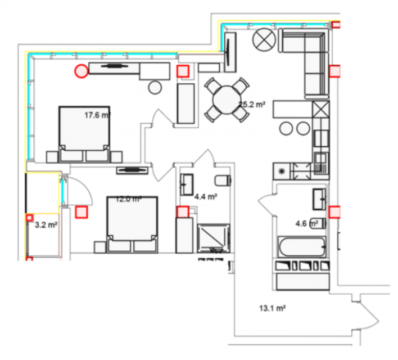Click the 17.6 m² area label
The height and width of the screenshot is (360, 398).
[97, 115]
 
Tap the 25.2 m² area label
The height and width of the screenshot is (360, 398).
[252, 104]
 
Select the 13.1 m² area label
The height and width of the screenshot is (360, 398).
[272, 308]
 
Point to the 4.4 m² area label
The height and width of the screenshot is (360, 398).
[206, 196]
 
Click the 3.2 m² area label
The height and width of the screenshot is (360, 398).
[46, 225]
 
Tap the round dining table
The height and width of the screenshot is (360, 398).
[227, 100]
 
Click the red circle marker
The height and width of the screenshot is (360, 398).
[81, 71]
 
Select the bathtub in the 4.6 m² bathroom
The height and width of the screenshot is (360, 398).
[302, 247]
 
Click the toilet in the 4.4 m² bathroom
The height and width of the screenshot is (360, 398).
[223, 180]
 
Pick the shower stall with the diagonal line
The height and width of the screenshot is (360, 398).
[214, 238]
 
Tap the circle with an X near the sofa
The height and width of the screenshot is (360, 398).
[264, 39]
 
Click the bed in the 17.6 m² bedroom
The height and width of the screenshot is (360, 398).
[84, 134]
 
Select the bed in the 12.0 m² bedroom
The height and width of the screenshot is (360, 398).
[132, 224]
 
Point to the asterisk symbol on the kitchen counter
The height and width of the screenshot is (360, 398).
[282, 171]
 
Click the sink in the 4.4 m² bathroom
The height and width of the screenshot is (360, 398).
[187, 184]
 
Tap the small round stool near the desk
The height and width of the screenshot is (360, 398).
[155, 87]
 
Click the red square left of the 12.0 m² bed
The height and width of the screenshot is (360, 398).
[82, 212]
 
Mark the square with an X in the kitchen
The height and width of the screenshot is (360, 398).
[321, 109]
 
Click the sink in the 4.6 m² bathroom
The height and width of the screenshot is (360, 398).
[319, 199]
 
